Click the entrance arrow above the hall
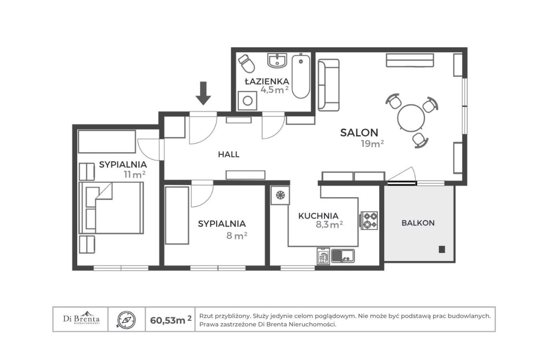pyautogui.click(x=203, y=93)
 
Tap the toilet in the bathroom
pyautogui.click(x=246, y=63)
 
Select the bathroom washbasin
pyautogui.click(x=277, y=61)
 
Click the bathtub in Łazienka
pyautogui.click(x=301, y=76)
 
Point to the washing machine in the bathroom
pyautogui.click(x=247, y=100)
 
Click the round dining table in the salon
pyautogui.click(x=411, y=118)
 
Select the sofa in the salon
pyautogui.click(x=329, y=85)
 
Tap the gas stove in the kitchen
pyautogui.click(x=369, y=220)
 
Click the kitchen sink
pyautogui.click(x=343, y=256)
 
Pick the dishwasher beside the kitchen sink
pyautogui.click(x=323, y=256)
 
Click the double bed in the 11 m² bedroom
pyautogui.click(x=111, y=208)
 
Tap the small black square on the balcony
pyautogui.click(x=442, y=249)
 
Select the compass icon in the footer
pyautogui.click(x=126, y=320)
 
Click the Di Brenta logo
pyautogui.click(x=81, y=318)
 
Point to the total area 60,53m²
pyautogui.click(x=171, y=320)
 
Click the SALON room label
pyautogui.click(x=359, y=133)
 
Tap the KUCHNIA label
pyautogui.click(x=318, y=216)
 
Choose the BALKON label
pyautogui.click(x=418, y=223)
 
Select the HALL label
pyautogui.click(x=229, y=154)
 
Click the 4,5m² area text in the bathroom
pyautogui.click(x=274, y=90)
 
